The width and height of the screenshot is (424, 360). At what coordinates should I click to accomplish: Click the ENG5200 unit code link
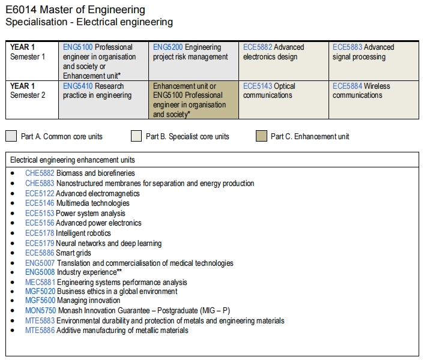point(168,47)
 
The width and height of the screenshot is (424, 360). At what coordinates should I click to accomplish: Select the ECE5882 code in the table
point(258,47)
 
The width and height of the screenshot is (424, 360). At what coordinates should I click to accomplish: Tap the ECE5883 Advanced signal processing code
point(347,47)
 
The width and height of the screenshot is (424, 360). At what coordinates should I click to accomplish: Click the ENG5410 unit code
point(78,86)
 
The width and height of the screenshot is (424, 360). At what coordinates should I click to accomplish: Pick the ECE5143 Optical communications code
point(258,86)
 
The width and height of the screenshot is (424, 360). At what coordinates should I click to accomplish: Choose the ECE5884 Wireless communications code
point(347,86)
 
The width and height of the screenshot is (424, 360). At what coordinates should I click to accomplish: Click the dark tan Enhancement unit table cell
point(193,100)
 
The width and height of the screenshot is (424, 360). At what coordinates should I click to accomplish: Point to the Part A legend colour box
point(11,136)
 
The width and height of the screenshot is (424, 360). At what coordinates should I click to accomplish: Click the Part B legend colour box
point(136,136)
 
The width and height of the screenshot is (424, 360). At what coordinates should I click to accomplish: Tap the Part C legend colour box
point(261,136)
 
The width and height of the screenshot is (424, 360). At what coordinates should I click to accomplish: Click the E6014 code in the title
point(21,10)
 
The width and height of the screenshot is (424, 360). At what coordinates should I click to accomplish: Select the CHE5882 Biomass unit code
point(40,173)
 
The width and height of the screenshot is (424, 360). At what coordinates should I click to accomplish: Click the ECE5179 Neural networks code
point(40,244)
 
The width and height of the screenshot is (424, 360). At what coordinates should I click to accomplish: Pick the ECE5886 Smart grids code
point(40,253)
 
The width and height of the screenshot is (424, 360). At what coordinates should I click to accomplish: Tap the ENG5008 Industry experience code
point(40,272)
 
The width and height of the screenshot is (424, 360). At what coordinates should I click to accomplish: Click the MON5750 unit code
point(41,311)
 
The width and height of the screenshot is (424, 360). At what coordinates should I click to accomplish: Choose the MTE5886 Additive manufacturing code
point(40,331)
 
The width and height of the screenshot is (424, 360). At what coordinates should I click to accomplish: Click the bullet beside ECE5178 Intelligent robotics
point(13,233)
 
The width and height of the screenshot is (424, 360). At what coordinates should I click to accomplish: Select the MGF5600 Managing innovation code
point(40,301)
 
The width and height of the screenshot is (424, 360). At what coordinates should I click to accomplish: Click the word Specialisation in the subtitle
point(37,22)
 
